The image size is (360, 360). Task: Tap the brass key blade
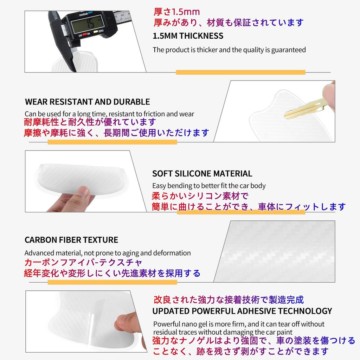coord(302,108)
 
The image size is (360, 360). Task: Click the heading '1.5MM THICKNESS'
coord(188,36)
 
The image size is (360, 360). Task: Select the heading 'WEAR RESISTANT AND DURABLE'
coord(88,102)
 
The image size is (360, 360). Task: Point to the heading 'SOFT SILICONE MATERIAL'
coord(202,174)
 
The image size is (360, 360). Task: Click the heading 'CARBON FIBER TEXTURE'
coord(71,240)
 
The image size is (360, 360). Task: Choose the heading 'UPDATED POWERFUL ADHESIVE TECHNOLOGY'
coord(242,311)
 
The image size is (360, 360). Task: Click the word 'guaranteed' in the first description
coord(288,50)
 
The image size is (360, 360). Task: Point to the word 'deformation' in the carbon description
coord(172,253)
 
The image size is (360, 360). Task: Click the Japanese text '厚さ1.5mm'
coord(176,12)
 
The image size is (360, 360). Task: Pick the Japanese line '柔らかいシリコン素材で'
coord(200,196)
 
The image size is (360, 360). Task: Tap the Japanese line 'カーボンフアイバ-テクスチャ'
coord(83,263)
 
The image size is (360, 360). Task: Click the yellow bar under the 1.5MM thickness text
coord(240,72)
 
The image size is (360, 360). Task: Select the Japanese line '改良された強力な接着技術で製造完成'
coord(229,300)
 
